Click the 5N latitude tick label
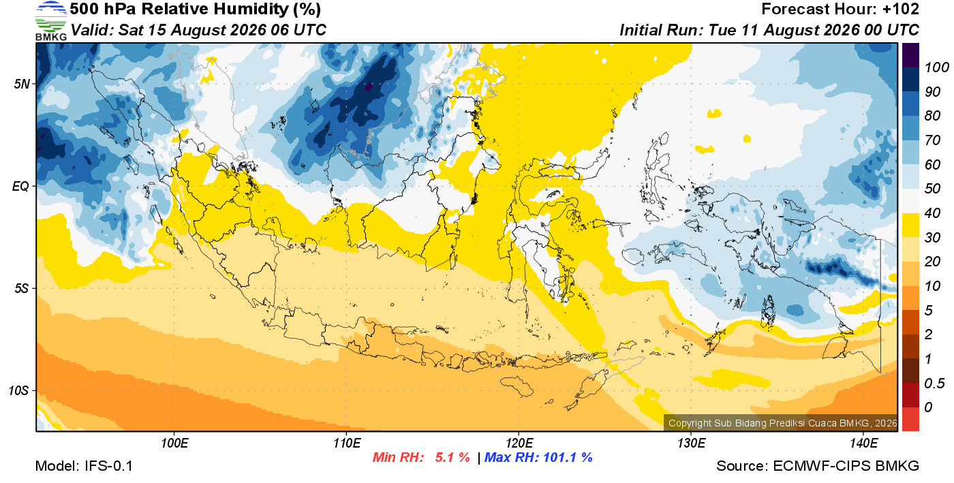click(22, 84)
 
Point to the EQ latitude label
click(21, 186)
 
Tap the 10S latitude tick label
click(19, 390)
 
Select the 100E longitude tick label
click(174, 443)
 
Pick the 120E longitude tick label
click(519, 443)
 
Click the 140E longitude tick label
click(863, 443)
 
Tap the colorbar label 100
click(936, 67)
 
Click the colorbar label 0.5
click(934, 384)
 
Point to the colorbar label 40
click(932, 213)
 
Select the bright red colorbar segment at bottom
click(910, 419)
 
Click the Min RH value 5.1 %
click(452, 457)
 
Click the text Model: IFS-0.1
click(84, 466)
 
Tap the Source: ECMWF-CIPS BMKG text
click(818, 466)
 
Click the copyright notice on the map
click(782, 423)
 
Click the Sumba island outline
click(517, 386)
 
